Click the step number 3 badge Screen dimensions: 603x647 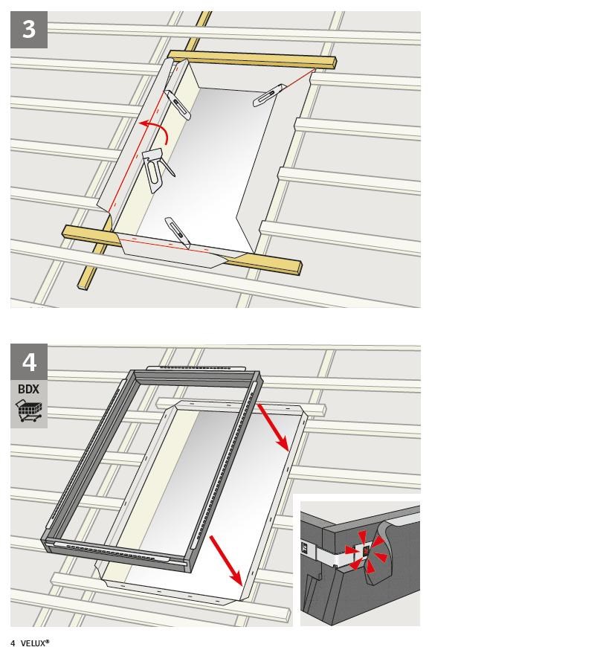[x=29, y=30]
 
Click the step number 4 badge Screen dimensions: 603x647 [x=29, y=362]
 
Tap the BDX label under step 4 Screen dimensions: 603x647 [x=28, y=389]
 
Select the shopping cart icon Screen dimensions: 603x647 [x=29, y=411]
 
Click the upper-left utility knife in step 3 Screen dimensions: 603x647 [x=177, y=105]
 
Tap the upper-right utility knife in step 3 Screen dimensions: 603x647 [x=269, y=95]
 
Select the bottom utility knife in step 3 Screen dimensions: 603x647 [x=178, y=233]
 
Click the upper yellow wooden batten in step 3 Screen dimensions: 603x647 [x=252, y=59]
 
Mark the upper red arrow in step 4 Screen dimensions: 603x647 [x=273, y=427]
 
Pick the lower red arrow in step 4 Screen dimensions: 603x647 [x=226, y=560]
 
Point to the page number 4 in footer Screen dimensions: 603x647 [x=13, y=643]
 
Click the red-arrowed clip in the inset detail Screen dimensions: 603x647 [x=366, y=550]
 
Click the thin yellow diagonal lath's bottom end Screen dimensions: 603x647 [x=83, y=286]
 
